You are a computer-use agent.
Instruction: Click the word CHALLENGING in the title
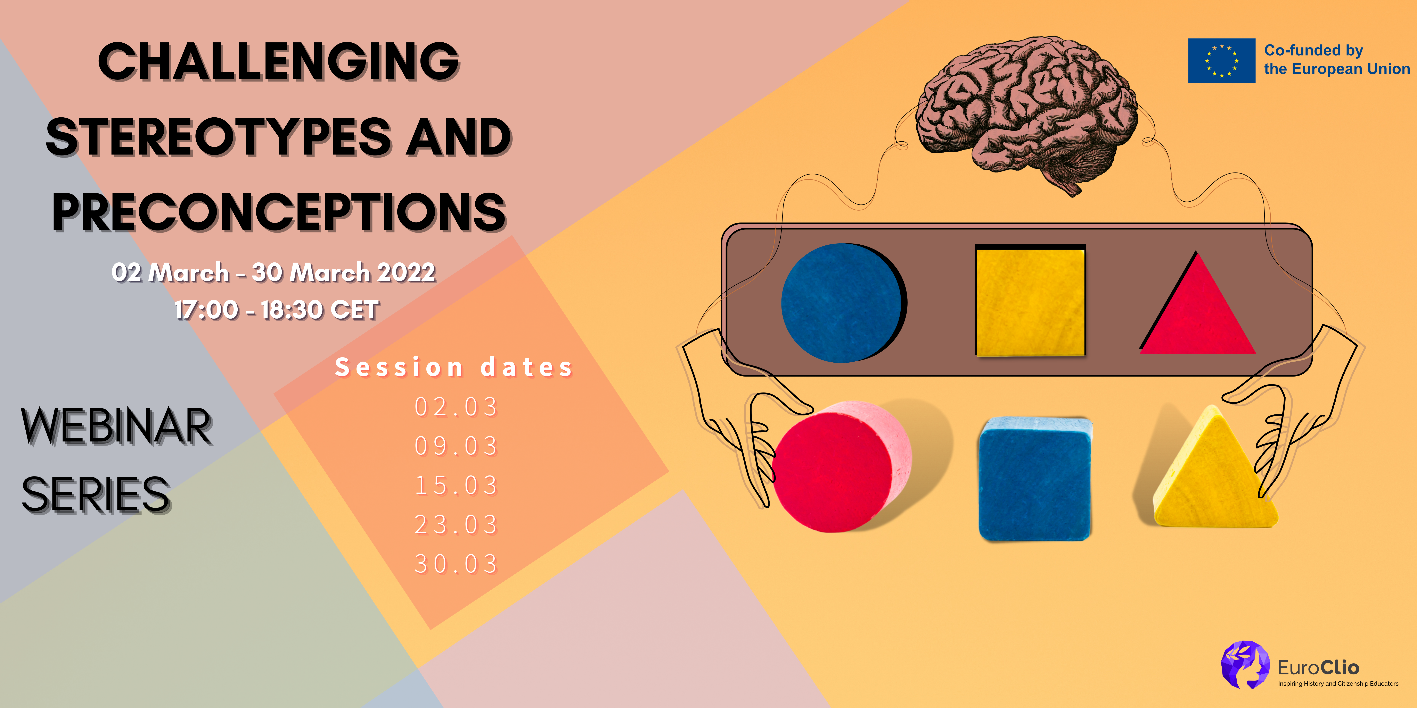[279, 62]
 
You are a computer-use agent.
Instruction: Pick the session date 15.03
[456, 485]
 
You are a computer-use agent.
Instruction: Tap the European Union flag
[1222, 60]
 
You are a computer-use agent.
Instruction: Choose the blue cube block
[1035, 479]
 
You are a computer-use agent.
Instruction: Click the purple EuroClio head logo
[1245, 664]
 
